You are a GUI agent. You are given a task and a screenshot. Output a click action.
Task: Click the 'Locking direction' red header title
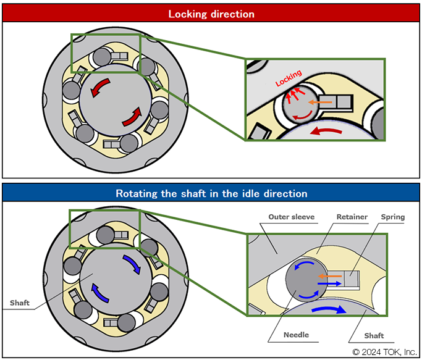[x=211, y=14]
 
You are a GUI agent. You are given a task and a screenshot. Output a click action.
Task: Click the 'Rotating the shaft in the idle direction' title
[x=211, y=193]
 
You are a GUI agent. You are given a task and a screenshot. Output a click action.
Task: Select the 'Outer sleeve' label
[x=291, y=217]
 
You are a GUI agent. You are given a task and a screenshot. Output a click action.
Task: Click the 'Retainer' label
[x=353, y=217]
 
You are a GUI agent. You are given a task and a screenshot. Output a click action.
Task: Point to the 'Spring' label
[x=393, y=217]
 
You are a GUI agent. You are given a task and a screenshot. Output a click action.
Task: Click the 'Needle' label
[x=296, y=335]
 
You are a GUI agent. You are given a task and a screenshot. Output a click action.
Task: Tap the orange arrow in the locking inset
[x=319, y=101]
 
